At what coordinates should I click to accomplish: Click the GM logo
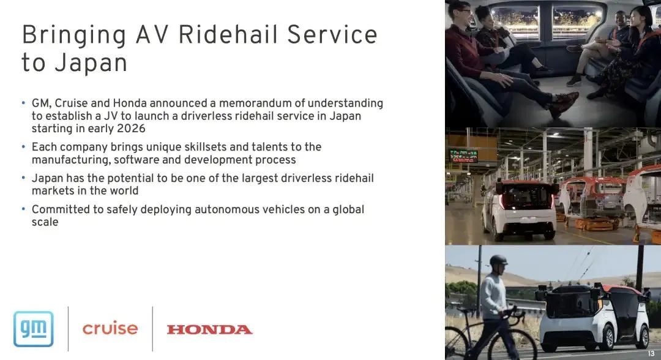click(x=34, y=329)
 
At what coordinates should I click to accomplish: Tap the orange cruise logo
click(x=110, y=328)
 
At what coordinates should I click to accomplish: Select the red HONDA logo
click(x=209, y=329)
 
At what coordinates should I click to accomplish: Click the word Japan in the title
click(x=91, y=63)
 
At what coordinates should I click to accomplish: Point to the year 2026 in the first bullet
click(x=131, y=128)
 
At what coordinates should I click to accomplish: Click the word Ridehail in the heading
click(x=228, y=34)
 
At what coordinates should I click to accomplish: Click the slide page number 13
click(x=651, y=354)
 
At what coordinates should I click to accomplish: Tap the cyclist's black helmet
click(x=498, y=260)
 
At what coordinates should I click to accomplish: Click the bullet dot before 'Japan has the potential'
click(x=24, y=178)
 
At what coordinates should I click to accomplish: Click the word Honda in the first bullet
click(x=130, y=103)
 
